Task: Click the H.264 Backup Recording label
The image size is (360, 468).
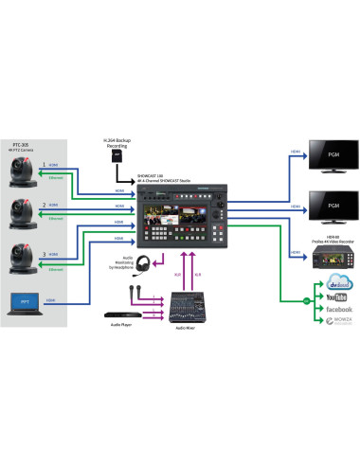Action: pos(116,144)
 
